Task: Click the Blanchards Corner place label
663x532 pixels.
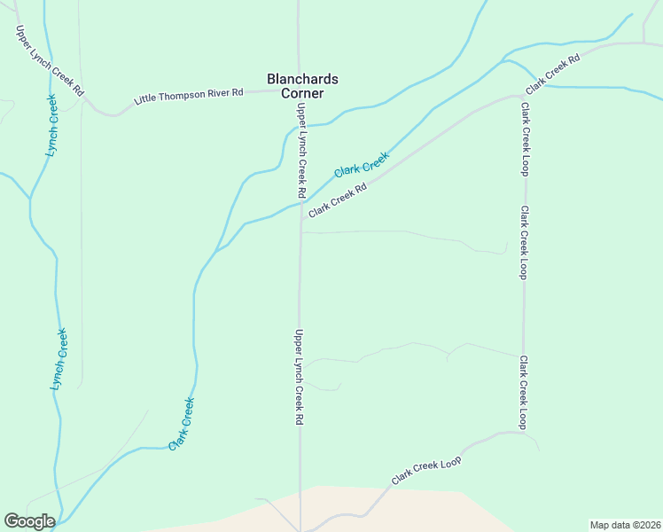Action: tap(302, 86)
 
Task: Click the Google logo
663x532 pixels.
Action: tap(29, 521)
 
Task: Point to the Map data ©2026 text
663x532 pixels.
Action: tap(625, 525)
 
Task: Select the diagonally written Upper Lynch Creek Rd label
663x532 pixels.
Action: tap(50, 60)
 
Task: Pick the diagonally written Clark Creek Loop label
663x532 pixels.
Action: tap(427, 470)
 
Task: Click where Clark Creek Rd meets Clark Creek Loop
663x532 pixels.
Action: tap(523, 96)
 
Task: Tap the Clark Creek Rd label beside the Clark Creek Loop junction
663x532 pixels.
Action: tap(551, 74)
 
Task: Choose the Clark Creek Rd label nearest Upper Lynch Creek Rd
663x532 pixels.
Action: tap(337, 200)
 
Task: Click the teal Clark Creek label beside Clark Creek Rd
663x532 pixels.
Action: tap(361, 163)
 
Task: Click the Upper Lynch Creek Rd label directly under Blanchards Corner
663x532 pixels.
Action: tap(301, 151)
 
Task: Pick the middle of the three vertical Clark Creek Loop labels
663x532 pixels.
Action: tap(524, 243)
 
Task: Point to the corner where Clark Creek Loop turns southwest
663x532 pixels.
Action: tap(521, 434)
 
